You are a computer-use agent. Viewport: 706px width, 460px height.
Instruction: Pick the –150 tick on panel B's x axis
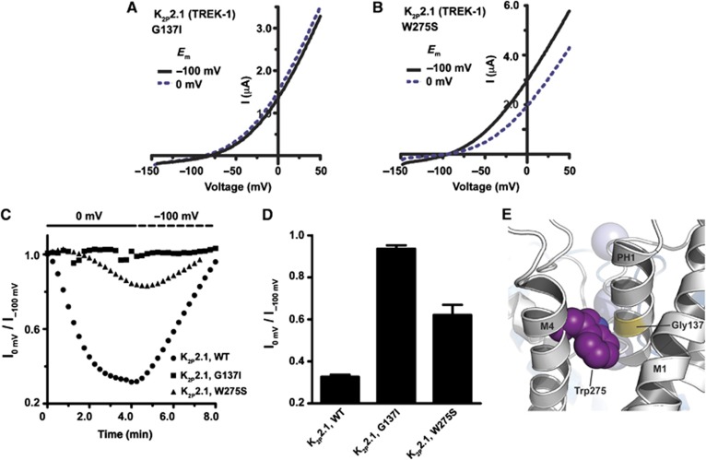tap(396, 172)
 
